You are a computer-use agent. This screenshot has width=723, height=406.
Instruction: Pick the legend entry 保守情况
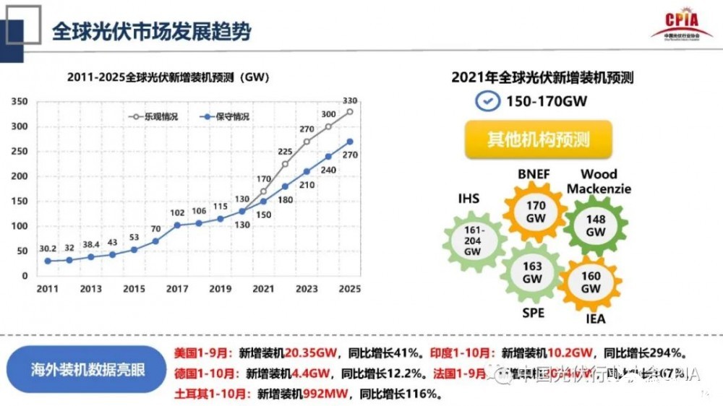(x=227, y=116)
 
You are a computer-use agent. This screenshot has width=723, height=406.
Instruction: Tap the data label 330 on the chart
(x=349, y=100)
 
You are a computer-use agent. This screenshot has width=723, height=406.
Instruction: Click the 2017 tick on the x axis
(x=178, y=289)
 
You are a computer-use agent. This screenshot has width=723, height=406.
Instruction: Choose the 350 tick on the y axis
(x=20, y=102)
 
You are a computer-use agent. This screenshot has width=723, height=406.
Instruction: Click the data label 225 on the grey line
(x=284, y=152)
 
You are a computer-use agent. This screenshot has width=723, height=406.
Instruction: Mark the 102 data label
(x=177, y=212)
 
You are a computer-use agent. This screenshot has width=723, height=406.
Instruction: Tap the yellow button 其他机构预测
(x=539, y=139)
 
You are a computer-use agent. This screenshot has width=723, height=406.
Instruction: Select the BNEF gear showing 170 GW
(x=536, y=212)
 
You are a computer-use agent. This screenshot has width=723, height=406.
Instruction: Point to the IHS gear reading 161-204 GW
(x=472, y=241)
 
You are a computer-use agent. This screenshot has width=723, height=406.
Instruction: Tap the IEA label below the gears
(x=596, y=319)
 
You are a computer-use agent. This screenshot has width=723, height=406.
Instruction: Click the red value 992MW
(x=326, y=394)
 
